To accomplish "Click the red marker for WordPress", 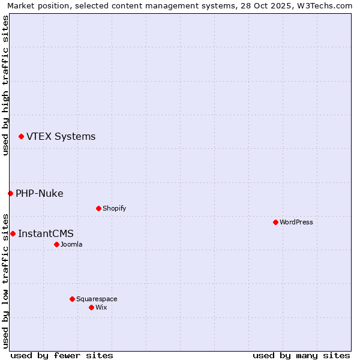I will (275, 222).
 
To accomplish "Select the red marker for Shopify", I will (98, 208).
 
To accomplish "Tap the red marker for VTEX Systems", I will (21, 137).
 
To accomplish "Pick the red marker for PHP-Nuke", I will (10, 193).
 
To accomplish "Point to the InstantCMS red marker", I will (13, 233).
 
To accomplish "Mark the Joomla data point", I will (56, 244).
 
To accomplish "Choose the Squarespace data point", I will (72, 299).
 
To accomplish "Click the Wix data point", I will (91, 307).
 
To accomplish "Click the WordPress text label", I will (296, 222).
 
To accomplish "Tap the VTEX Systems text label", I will (61, 137).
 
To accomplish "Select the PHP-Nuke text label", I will (40, 193).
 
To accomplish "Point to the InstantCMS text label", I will (46, 233).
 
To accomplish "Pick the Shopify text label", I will (115, 208).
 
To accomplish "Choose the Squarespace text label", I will (97, 299).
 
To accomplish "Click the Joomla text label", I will (71, 244).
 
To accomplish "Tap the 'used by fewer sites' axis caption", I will (62, 355).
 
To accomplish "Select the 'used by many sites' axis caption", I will (301, 355).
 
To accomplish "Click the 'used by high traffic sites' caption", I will (5, 85).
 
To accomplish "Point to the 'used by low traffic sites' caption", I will (5, 280).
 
